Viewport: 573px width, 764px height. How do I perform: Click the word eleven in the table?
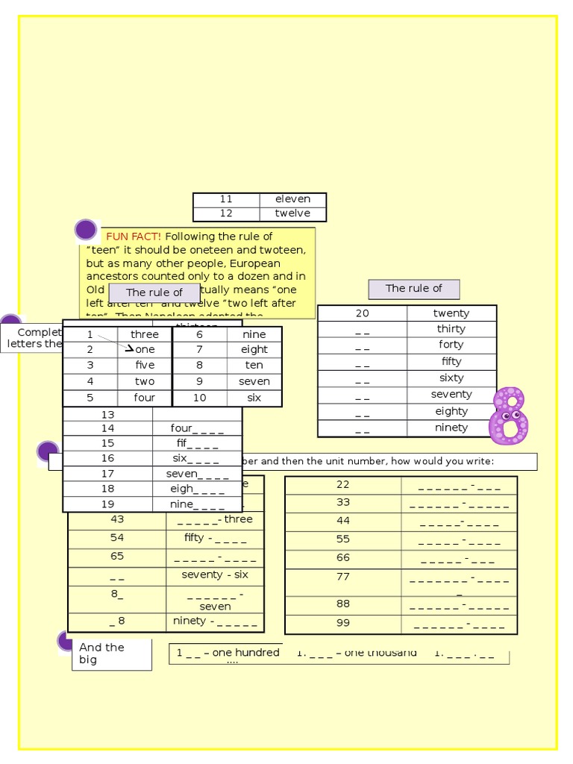click(x=292, y=199)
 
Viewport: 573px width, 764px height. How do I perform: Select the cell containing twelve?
click(x=292, y=213)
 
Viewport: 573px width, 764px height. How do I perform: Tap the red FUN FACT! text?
click(x=134, y=237)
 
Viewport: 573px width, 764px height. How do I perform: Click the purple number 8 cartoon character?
click(x=509, y=416)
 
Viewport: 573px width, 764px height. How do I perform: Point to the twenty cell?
click(x=451, y=313)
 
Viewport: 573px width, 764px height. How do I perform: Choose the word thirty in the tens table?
click(x=451, y=329)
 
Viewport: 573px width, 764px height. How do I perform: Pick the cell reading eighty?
click(x=451, y=411)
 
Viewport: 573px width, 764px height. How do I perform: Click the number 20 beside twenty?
click(x=363, y=313)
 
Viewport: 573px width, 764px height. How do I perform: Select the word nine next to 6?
click(x=254, y=334)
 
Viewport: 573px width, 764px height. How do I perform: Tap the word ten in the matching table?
click(x=254, y=366)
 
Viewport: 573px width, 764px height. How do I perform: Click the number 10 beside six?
click(x=200, y=398)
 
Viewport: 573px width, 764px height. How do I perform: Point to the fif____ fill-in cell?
click(x=197, y=444)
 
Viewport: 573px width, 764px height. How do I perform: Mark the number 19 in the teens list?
click(x=108, y=504)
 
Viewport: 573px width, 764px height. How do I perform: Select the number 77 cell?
click(x=343, y=576)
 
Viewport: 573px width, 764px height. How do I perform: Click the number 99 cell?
click(x=343, y=623)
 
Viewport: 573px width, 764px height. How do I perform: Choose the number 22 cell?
click(x=343, y=484)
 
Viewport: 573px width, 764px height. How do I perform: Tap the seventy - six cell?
click(x=215, y=575)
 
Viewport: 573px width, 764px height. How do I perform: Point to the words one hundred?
click(x=245, y=653)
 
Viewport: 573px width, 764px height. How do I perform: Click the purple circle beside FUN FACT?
click(x=86, y=230)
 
